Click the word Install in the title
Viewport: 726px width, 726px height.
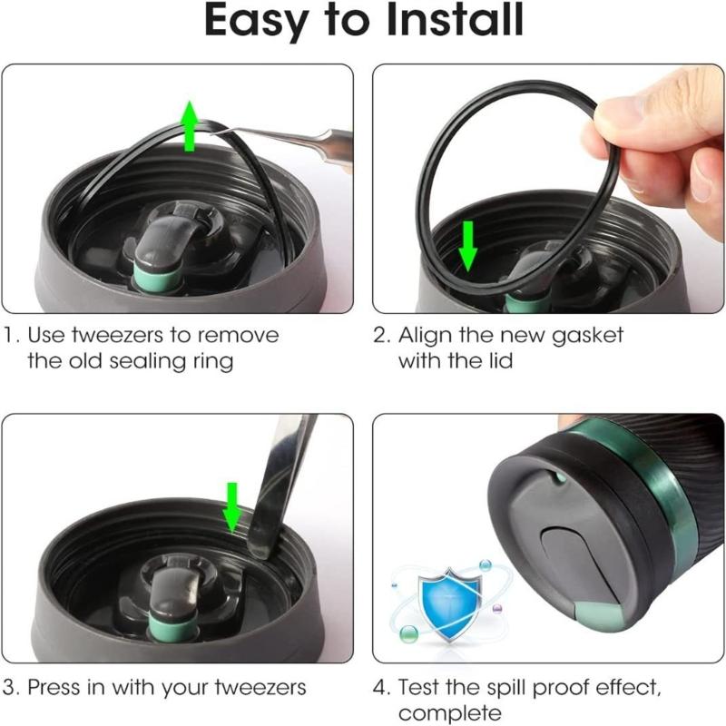(x=456, y=19)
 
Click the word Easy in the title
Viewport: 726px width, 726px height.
(x=257, y=22)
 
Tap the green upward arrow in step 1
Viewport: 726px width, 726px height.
(x=190, y=125)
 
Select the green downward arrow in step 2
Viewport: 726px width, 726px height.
(x=468, y=246)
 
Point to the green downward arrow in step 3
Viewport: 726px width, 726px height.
(x=232, y=507)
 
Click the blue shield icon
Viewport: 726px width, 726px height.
(x=449, y=601)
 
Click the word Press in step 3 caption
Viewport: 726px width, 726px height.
(x=54, y=687)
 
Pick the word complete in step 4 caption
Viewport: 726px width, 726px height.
(x=449, y=713)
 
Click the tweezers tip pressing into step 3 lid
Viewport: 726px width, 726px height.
(x=255, y=549)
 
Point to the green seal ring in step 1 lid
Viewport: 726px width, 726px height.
(x=156, y=278)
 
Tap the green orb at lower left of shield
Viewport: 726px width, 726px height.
(x=409, y=633)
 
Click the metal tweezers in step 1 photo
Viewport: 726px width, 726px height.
(x=287, y=142)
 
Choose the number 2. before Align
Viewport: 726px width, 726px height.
(x=382, y=336)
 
